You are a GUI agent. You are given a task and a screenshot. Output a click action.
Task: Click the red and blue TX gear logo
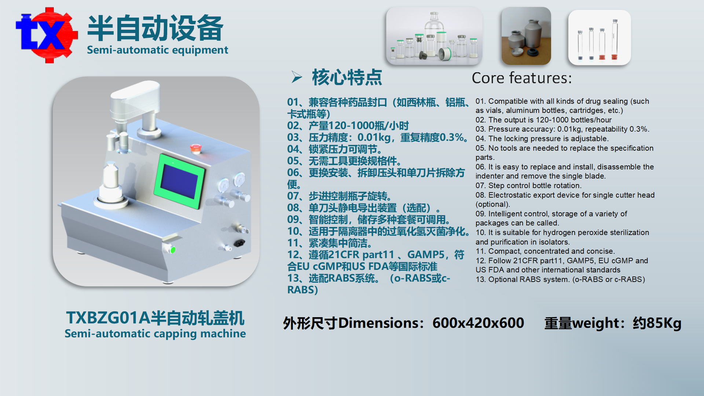pyautogui.click(x=47, y=35)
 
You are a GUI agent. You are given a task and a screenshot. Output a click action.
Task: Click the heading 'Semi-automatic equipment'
pyautogui.click(x=157, y=50)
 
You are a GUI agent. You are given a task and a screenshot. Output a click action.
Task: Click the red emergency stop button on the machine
pyautogui.click(x=195, y=148)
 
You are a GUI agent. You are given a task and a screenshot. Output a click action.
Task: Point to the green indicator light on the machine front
pyautogui.click(x=173, y=250)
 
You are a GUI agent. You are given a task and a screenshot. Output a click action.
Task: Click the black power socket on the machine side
pyautogui.click(x=239, y=243)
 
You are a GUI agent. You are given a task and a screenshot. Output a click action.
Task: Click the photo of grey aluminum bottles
pyautogui.click(x=526, y=36)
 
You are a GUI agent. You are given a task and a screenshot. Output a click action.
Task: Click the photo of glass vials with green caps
pyautogui.click(x=434, y=36)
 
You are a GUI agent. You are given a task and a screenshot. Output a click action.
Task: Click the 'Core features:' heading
pyautogui.click(x=521, y=78)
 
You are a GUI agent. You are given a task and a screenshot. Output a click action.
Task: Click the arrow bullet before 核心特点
pyautogui.click(x=297, y=77)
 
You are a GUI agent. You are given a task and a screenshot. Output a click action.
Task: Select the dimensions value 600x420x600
pyautogui.click(x=478, y=323)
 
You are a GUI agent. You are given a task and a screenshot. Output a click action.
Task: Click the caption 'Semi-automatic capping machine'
pyautogui.click(x=155, y=334)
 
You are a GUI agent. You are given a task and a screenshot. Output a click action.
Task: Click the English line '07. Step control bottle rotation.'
pyautogui.click(x=528, y=186)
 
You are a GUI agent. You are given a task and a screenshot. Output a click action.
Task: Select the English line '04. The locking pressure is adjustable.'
pyautogui.click(x=542, y=139)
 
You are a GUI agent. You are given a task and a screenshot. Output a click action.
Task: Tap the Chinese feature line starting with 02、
pyautogui.click(x=348, y=126)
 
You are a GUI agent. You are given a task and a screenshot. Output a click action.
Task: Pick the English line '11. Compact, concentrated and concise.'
pyautogui.click(x=545, y=251)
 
